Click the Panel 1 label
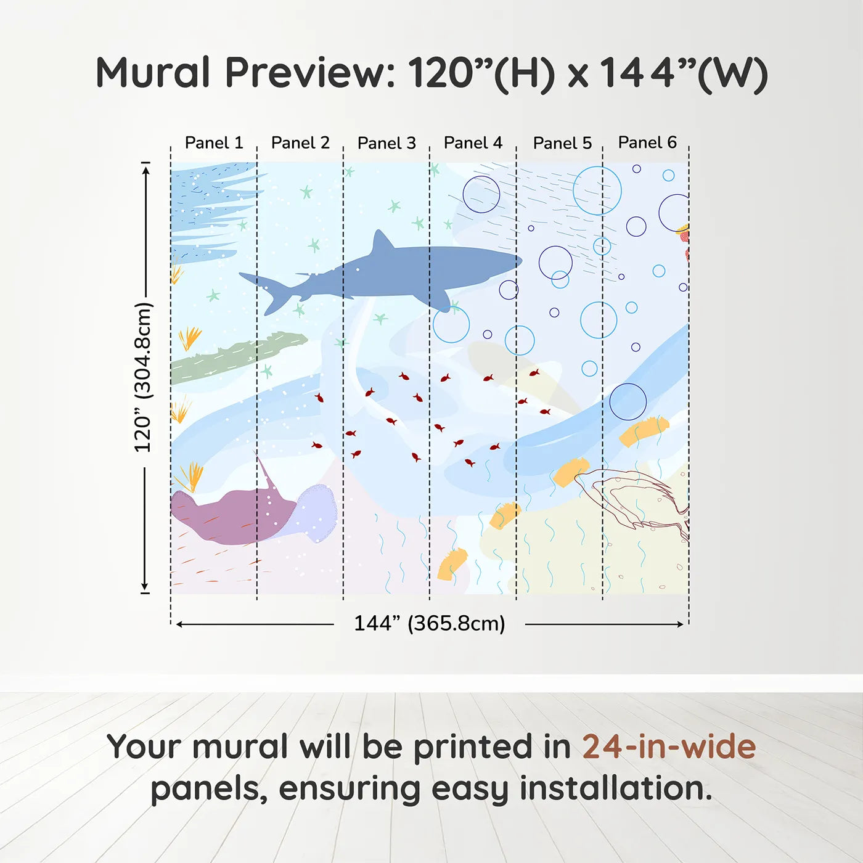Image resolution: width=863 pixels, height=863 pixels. (214, 143)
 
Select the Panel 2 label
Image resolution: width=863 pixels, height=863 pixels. (300, 143)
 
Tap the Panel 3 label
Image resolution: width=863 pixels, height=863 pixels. (387, 143)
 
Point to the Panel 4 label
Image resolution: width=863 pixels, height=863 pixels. (473, 143)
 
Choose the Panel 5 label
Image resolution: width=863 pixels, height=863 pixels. (563, 143)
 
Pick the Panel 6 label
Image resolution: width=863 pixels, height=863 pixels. (648, 142)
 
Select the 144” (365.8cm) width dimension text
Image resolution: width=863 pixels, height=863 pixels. (430, 623)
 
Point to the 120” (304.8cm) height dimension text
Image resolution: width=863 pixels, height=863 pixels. (144, 377)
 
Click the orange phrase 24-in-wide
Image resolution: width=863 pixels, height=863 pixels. (669, 747)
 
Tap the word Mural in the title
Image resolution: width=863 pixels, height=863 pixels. (153, 73)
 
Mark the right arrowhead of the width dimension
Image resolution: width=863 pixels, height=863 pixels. (680, 624)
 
